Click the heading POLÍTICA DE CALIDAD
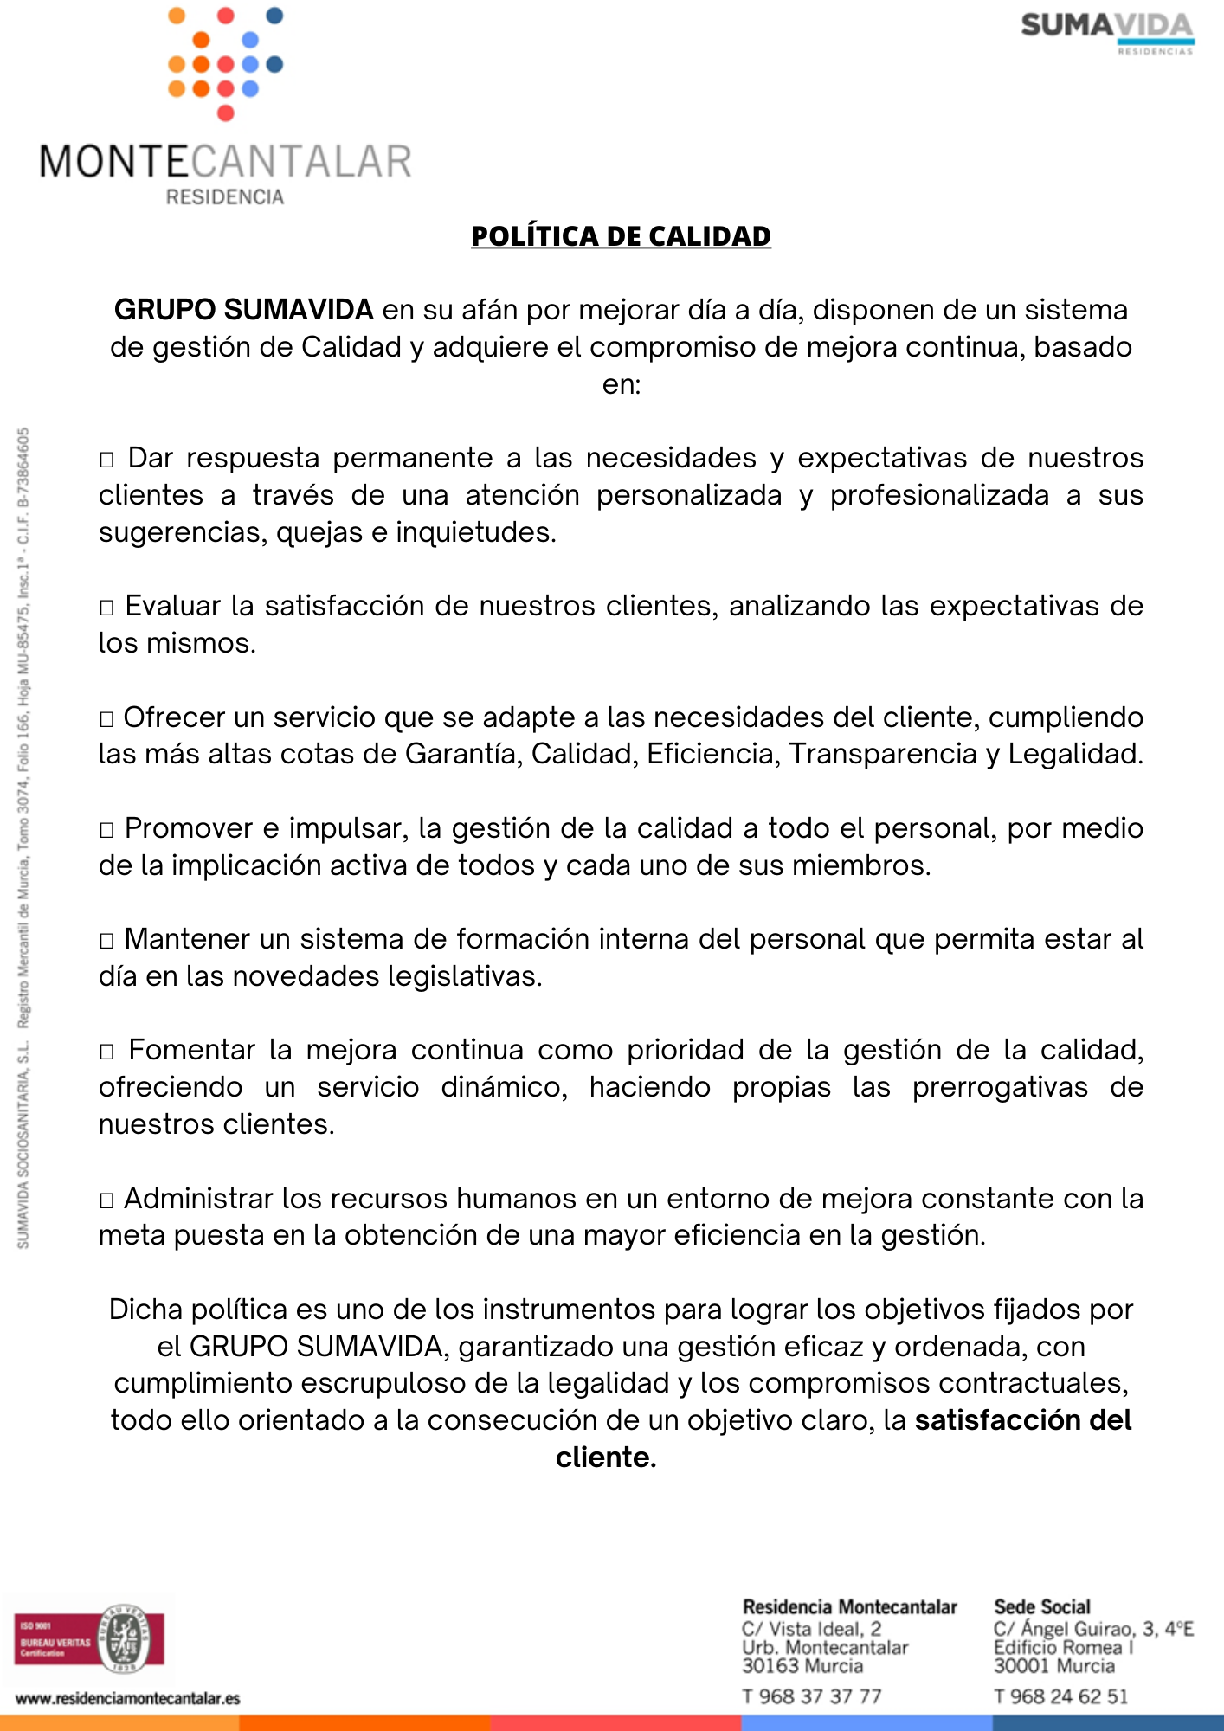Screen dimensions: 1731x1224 pyautogui.click(x=621, y=236)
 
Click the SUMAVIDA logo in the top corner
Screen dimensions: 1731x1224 pyautogui.click(x=1107, y=31)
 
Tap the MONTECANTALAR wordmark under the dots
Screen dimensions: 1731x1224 pyautogui.click(x=225, y=162)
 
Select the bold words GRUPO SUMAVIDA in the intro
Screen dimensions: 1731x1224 pyautogui.click(x=243, y=310)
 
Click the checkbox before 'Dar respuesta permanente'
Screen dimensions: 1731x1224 pyautogui.click(x=106, y=460)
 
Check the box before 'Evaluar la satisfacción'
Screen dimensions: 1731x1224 pyautogui.click(x=106, y=608)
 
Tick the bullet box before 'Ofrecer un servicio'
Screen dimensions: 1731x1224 pyautogui.click(x=106, y=719)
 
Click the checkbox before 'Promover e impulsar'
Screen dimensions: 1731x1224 pyautogui.click(x=106, y=830)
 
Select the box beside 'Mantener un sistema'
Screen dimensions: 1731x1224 pyautogui.click(x=106, y=941)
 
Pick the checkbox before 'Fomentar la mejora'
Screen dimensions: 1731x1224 pyautogui.click(x=106, y=1052)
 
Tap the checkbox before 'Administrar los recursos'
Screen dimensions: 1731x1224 pyautogui.click(x=106, y=1200)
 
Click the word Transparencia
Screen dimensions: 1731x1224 pyautogui.click(x=883, y=755)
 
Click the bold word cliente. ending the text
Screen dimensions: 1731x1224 pyautogui.click(x=606, y=1458)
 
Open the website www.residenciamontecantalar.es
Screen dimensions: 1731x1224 pyautogui.click(x=128, y=1698)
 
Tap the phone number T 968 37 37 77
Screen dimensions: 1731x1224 pyautogui.click(x=811, y=1696)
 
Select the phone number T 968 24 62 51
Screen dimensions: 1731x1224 pyautogui.click(x=1060, y=1696)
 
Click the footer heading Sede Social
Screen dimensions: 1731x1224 pyautogui.click(x=1042, y=1607)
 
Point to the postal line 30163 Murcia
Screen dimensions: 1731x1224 pyautogui.click(x=802, y=1666)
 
